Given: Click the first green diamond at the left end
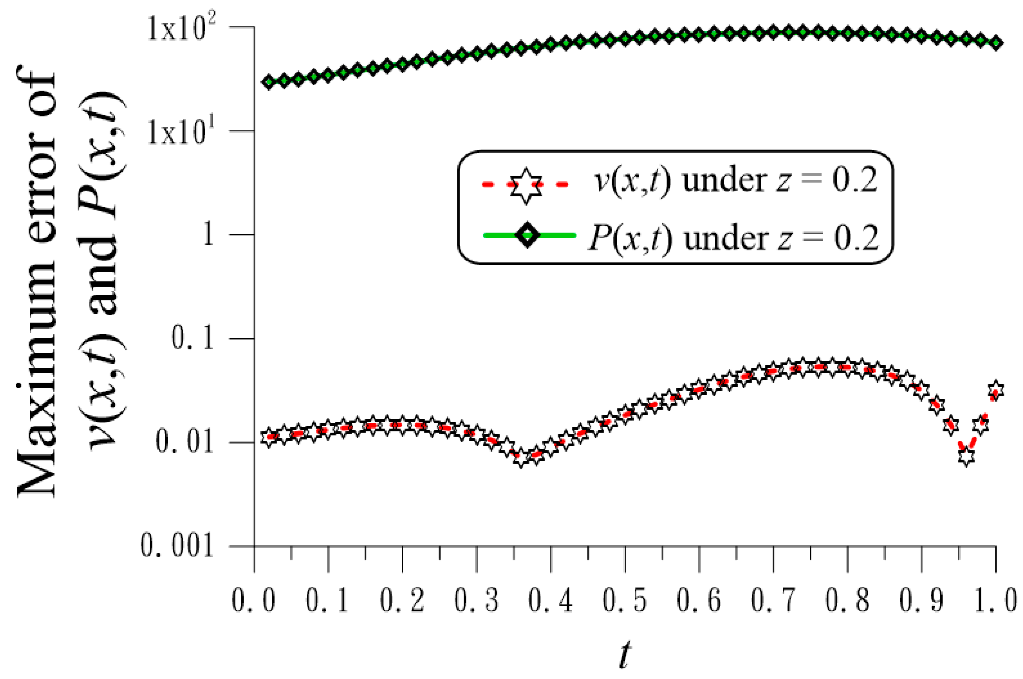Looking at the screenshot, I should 269,82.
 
